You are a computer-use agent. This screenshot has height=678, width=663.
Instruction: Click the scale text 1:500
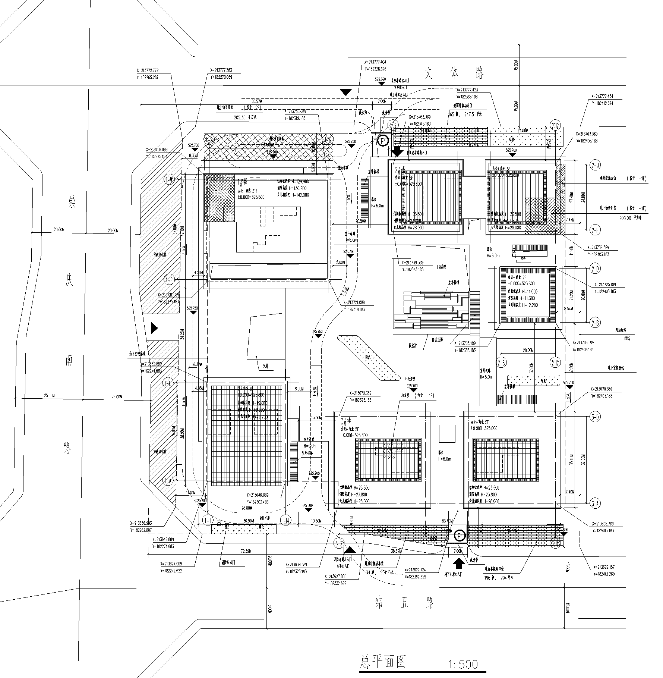coord(463,664)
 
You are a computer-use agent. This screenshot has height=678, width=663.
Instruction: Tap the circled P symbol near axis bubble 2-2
coord(383,141)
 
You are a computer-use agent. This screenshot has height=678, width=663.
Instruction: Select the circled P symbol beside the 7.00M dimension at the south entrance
coord(460,536)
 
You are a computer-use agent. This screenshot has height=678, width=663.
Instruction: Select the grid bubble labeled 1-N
coord(170,180)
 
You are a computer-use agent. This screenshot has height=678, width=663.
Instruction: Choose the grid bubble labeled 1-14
coord(286,520)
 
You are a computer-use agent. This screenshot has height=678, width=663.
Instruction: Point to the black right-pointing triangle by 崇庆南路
coord(154,328)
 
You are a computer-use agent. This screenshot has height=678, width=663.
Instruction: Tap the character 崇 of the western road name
coord(71,203)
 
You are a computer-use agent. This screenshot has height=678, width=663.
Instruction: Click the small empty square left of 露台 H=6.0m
coord(447,434)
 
